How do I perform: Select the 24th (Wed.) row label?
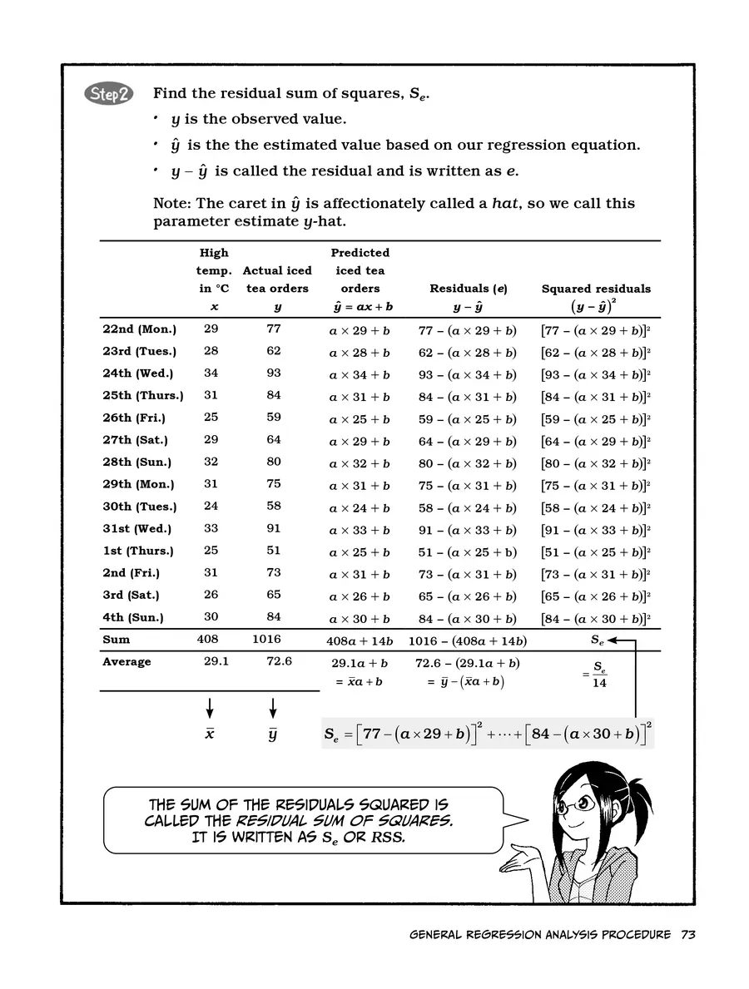pos(137,373)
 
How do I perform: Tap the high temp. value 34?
pos(211,373)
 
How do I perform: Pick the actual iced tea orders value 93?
pos(274,373)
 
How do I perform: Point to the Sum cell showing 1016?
pos(267,640)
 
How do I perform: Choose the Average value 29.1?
pos(211,661)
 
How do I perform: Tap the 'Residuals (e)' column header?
pos(468,289)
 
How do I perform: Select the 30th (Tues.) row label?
pos(139,507)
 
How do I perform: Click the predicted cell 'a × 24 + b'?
pos(360,507)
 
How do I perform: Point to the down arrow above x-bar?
pos(210,707)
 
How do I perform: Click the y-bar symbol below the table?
pos(273,735)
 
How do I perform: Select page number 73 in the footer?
pos(687,934)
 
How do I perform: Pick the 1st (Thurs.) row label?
pos(137,551)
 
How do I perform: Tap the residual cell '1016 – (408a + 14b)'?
pos(467,640)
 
